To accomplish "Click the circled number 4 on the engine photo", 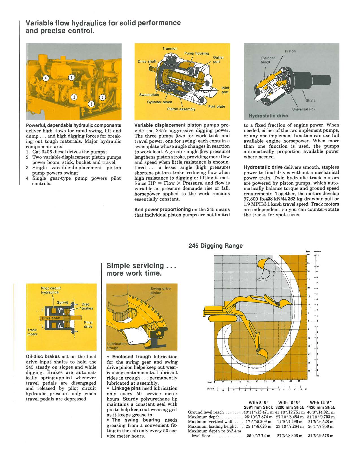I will point(46,78).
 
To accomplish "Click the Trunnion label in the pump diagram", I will point(170,48).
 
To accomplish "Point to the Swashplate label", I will point(149,95).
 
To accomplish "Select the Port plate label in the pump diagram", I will point(217,106).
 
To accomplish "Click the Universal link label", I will point(304,109).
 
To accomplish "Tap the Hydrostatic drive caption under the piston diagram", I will point(268,116).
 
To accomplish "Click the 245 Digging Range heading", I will point(215,246).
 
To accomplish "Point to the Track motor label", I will point(32,332).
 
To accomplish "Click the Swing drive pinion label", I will point(160,291).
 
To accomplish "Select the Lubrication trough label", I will point(117,346).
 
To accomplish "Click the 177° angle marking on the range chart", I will point(275,272).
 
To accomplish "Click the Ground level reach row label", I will point(206,412).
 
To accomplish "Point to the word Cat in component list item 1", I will point(36,152).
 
